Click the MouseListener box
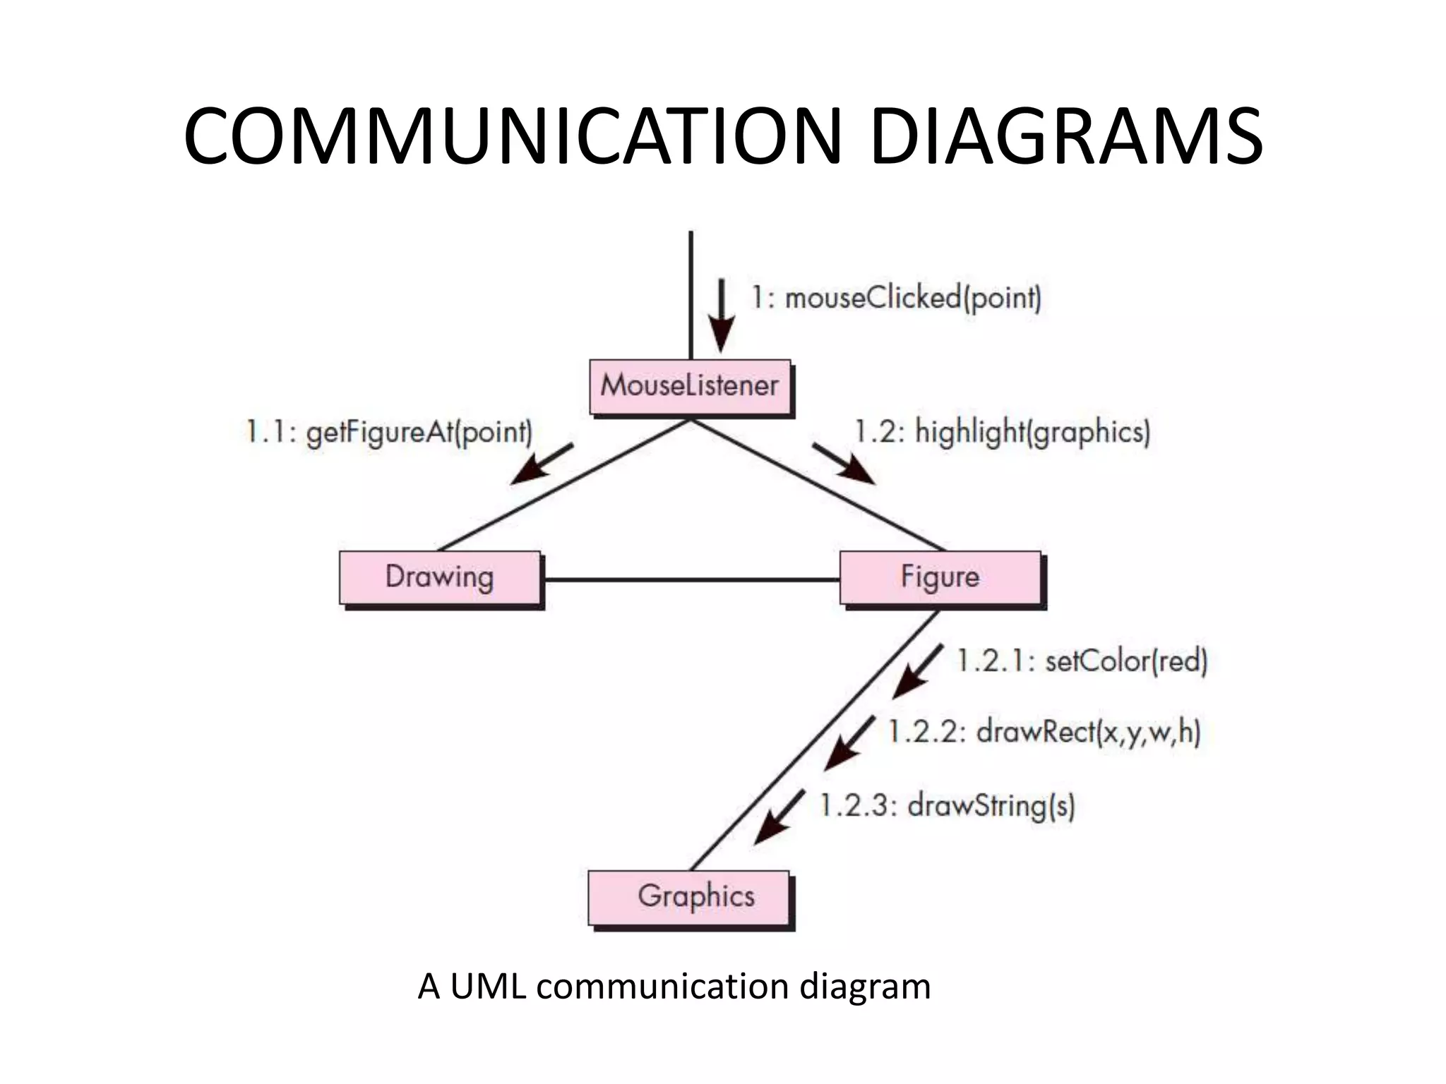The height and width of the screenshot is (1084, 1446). coord(690,387)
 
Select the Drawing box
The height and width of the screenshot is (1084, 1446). coord(439,577)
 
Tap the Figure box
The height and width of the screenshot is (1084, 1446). coord(940,577)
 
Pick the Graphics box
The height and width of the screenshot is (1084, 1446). coord(689,897)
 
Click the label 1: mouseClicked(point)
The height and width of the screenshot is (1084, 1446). coord(895,298)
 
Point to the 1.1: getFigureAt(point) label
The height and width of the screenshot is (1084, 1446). coord(388,432)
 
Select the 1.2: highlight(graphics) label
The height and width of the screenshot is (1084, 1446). coord(1002,432)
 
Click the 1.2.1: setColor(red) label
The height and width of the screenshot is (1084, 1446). coord(1082,661)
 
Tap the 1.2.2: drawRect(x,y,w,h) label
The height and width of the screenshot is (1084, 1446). coord(1044,732)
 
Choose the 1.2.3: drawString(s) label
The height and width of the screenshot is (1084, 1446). coord(947,805)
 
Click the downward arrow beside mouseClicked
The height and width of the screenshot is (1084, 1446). coord(721,315)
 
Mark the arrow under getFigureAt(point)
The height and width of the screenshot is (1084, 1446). coord(541,464)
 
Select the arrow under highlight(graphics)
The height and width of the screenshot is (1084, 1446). coord(844,464)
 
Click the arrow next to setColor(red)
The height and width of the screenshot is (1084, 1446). coord(916,672)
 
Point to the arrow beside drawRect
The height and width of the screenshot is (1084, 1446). coord(849,744)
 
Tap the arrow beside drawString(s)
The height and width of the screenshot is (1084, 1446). coord(779,817)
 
